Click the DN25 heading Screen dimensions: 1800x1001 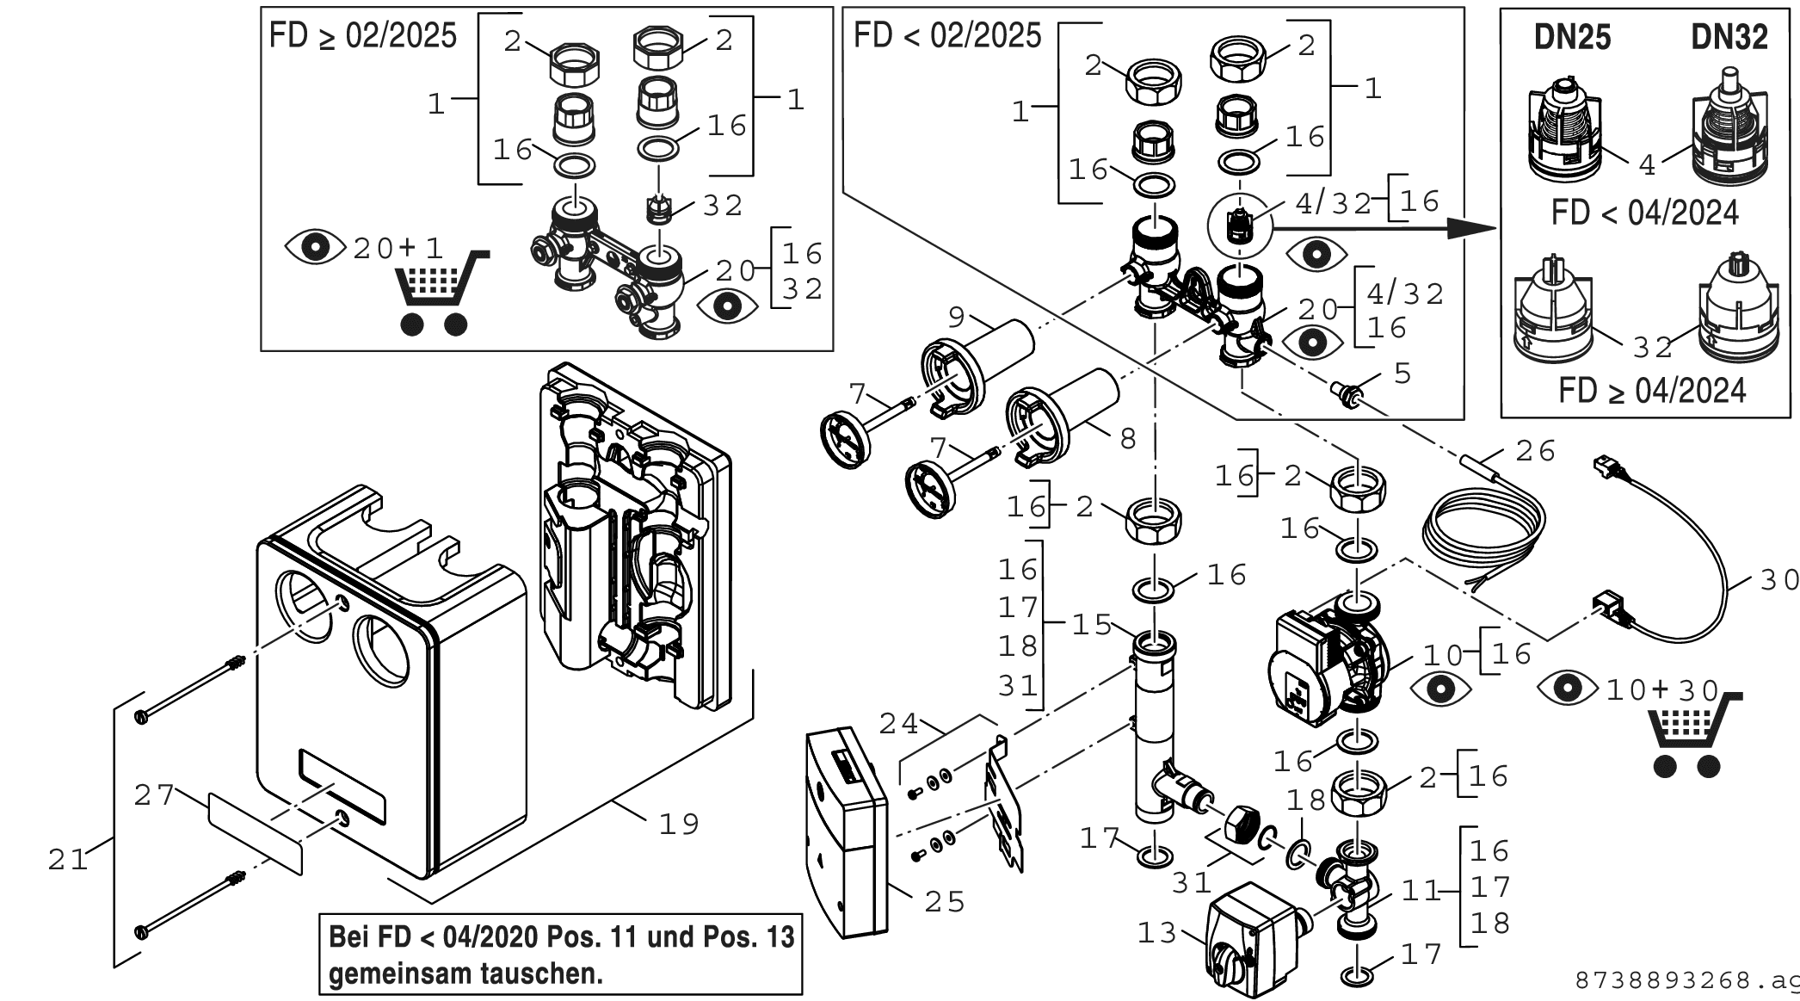[1572, 37]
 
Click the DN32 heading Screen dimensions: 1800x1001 [1729, 37]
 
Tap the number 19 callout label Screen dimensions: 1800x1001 [679, 824]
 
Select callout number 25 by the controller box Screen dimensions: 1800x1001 [945, 901]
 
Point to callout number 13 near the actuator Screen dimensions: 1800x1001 [1157, 932]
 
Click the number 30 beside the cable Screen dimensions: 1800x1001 [1778, 580]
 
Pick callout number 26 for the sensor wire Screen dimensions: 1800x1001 [1536, 450]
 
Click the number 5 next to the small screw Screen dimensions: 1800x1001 [1402, 374]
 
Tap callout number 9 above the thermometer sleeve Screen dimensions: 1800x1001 [957, 317]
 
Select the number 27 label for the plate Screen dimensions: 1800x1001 [154, 794]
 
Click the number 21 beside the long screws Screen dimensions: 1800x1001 [68, 859]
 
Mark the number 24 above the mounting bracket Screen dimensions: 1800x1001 [899, 724]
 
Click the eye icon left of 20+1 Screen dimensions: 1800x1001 [317, 248]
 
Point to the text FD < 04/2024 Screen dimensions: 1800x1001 [1645, 213]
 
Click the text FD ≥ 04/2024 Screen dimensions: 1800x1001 [1652, 390]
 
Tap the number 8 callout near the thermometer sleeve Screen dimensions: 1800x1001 [1128, 439]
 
